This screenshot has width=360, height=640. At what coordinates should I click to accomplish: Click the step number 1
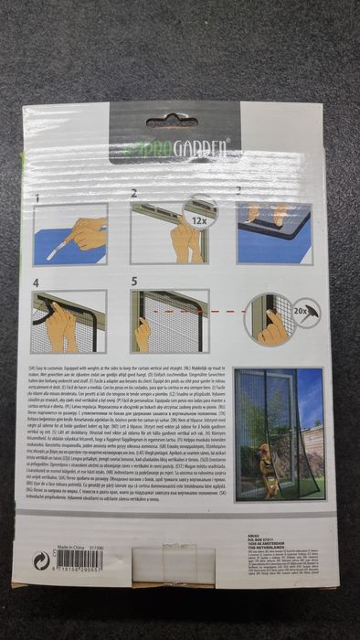point(37,197)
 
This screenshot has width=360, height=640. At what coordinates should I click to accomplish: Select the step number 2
point(134,194)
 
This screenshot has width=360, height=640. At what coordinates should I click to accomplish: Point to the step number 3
point(238,193)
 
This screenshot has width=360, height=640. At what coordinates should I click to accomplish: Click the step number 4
point(37,283)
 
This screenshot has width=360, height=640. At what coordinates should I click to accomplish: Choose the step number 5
point(134,283)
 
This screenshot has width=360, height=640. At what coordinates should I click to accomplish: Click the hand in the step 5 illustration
point(143,334)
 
